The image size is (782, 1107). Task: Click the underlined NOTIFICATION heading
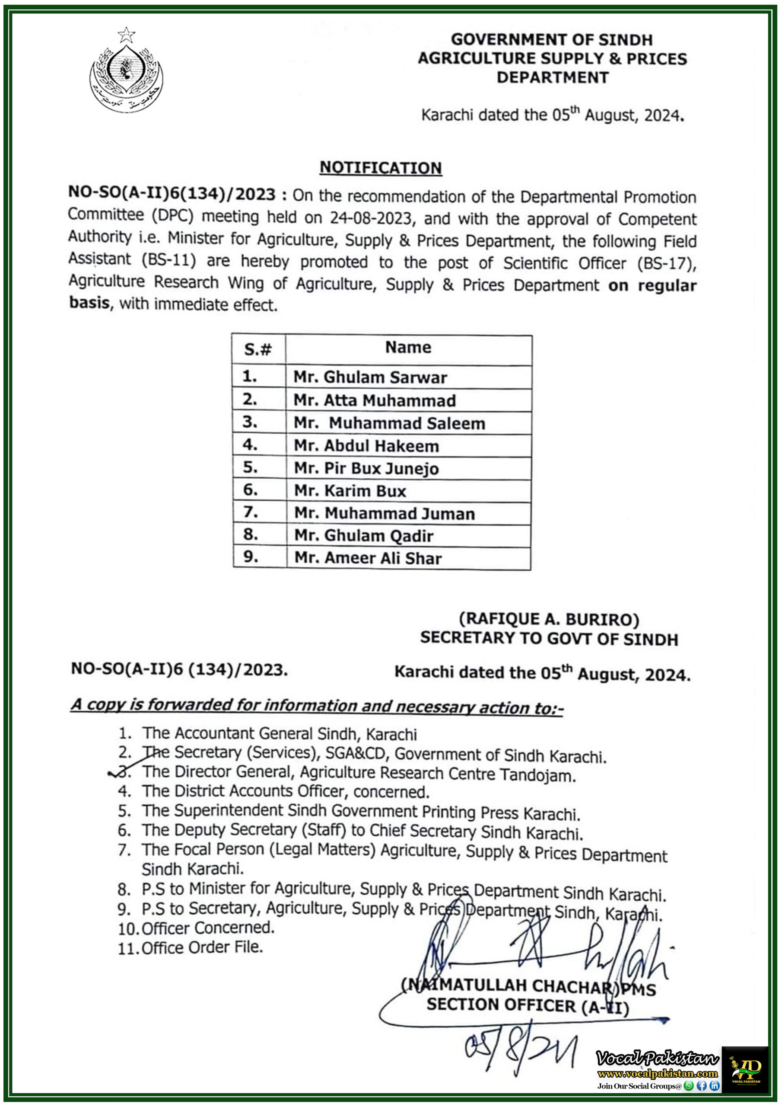coord(381,167)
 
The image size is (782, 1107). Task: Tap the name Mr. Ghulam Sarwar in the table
coord(370,377)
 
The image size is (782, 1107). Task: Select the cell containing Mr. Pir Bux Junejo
coord(366,468)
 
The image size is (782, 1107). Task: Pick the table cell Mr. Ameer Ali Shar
coord(368,558)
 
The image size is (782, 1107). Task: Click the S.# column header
coord(258,349)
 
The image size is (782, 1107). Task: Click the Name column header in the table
coord(408,347)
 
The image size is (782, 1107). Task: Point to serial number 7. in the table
coord(251,512)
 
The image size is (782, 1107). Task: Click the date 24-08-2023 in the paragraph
coord(371,218)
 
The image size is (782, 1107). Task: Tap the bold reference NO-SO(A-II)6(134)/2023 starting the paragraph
coord(172,193)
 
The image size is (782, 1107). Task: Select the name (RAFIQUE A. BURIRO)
coord(549,619)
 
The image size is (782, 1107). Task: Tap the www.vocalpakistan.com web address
coord(657,1073)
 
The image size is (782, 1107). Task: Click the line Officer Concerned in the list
coord(208,928)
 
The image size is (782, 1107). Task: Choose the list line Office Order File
coord(202,947)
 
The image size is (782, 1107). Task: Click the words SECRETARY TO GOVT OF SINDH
coord(549,639)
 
